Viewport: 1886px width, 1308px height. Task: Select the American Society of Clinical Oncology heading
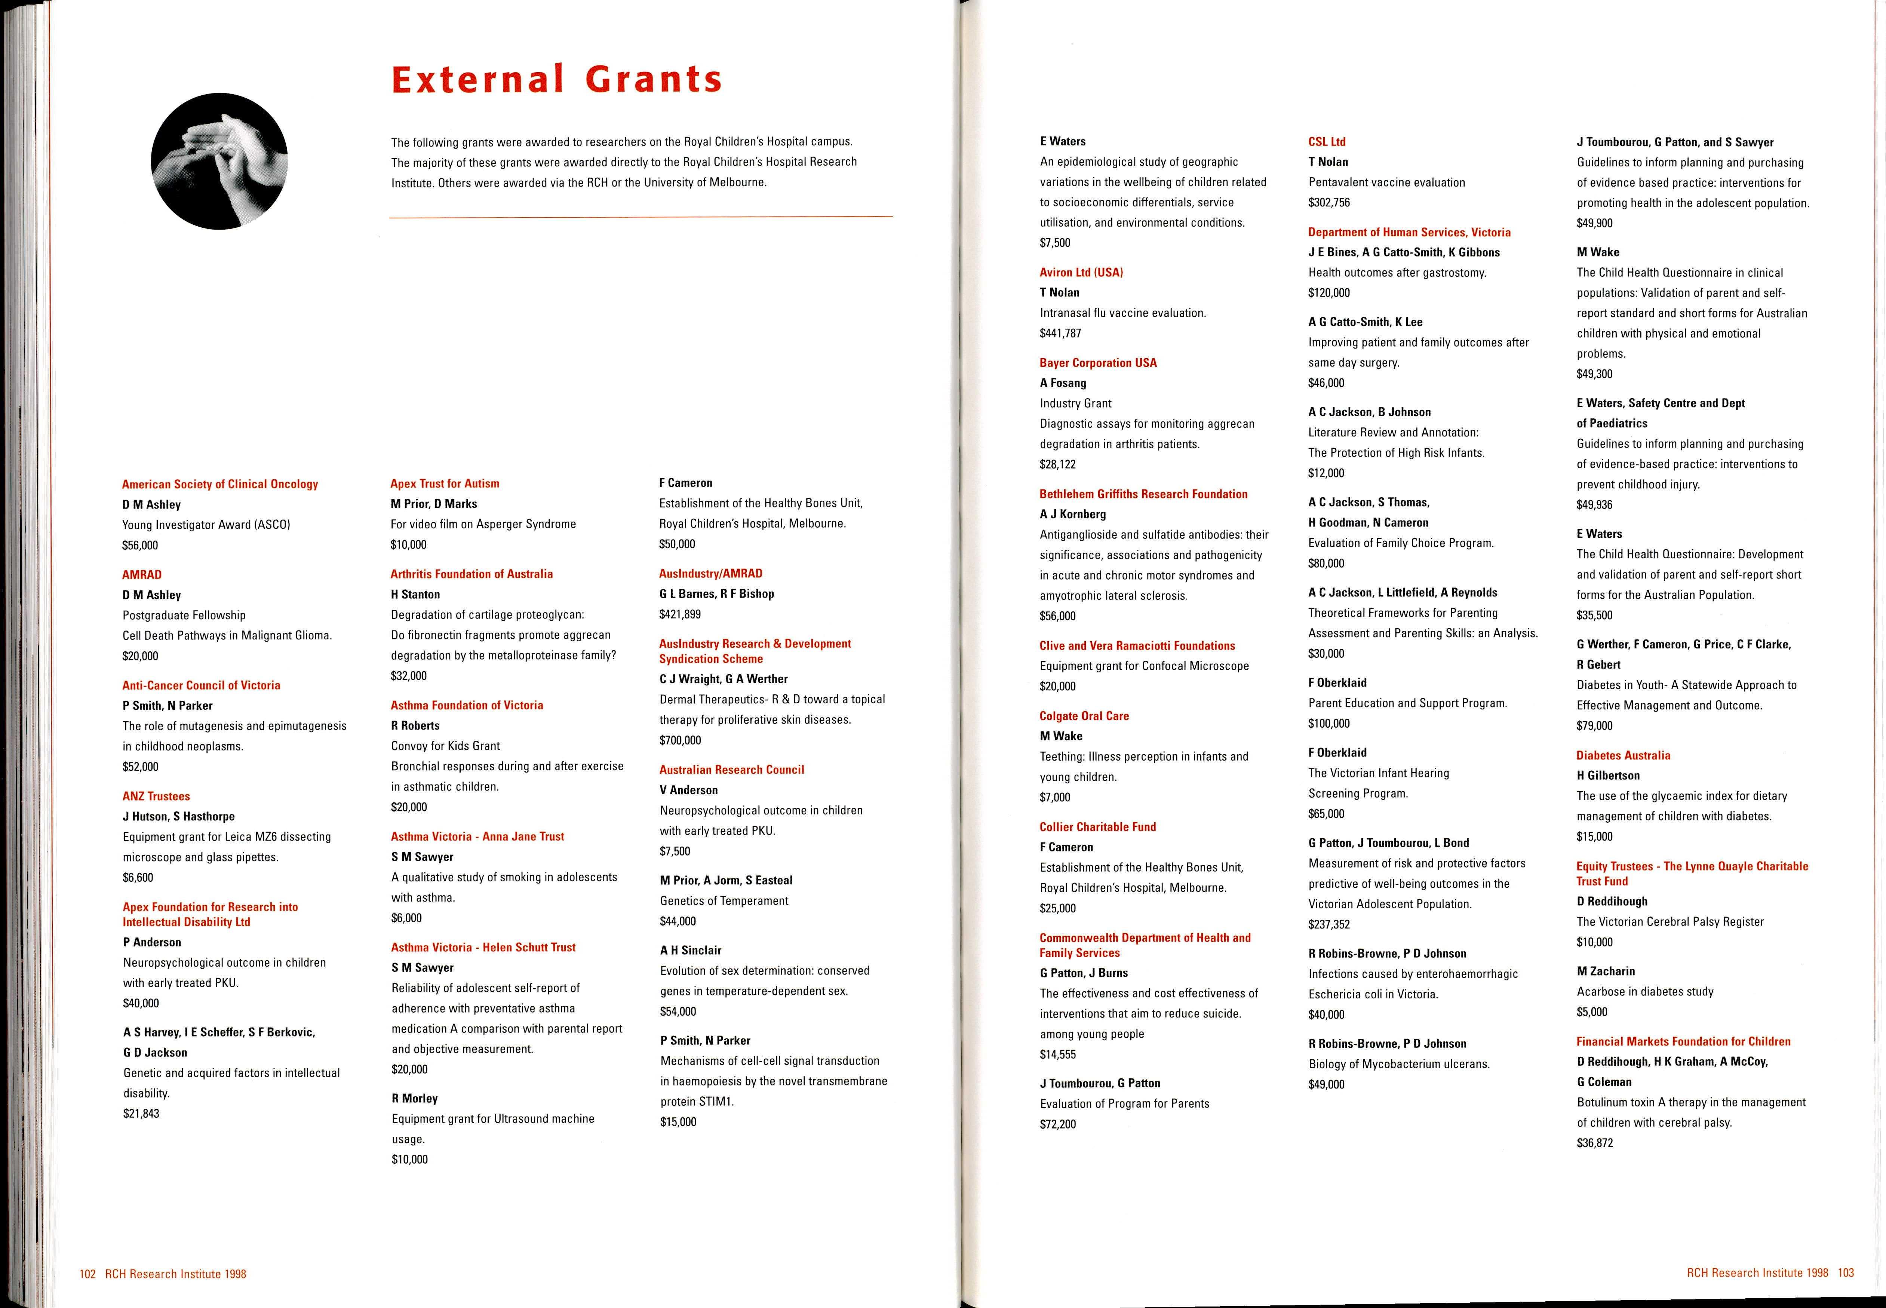(219, 484)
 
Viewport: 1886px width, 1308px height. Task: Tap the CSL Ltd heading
(1326, 142)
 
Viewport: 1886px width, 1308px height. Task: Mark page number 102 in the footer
(87, 1274)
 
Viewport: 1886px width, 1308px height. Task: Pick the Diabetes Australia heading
(1623, 756)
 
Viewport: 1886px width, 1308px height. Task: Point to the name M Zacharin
(1605, 971)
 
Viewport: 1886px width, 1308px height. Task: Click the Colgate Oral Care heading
(1084, 716)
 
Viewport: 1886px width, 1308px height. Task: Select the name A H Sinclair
(691, 951)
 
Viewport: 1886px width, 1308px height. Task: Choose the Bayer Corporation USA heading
(1098, 363)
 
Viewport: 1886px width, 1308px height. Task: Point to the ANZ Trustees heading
(156, 796)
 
